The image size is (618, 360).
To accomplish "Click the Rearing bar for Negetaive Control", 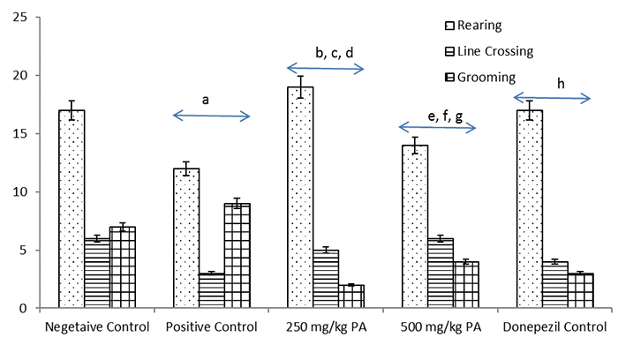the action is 72,209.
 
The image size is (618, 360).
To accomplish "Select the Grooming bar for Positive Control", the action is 237,255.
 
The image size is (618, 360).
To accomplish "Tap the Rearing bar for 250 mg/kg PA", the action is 300,197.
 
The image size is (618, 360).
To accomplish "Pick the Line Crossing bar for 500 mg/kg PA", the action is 441,273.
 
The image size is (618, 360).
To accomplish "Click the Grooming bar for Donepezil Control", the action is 581,290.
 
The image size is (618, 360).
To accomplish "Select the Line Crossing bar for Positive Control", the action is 212,290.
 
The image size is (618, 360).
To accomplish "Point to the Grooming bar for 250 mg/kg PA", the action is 351,296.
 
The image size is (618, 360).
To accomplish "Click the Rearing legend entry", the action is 473,26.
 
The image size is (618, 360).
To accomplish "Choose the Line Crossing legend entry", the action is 489,51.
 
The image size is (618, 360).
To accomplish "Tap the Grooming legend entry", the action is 480,78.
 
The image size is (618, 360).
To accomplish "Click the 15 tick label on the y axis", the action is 19,134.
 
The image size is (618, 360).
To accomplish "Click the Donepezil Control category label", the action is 554,327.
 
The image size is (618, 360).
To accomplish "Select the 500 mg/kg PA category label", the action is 441,327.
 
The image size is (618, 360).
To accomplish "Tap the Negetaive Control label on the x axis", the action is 97,327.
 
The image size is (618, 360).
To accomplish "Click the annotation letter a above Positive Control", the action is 206,101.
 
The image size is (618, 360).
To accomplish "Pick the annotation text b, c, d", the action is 335,53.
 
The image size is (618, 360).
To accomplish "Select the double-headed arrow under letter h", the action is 552,98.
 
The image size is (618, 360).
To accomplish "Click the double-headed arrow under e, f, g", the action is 438,127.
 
